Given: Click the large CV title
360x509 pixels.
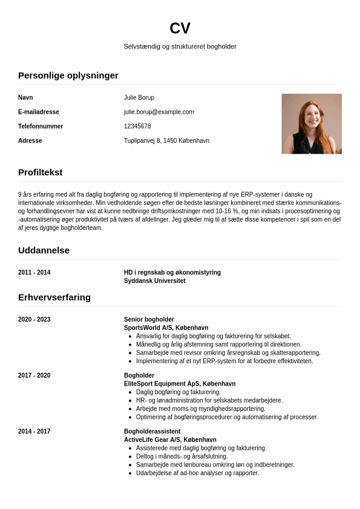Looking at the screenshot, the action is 180,28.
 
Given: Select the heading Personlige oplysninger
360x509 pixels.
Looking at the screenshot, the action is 68,76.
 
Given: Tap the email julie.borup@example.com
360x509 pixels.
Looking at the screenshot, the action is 159,112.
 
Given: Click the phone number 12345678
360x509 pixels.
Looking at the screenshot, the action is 137,126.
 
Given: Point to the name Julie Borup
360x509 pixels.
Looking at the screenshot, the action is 139,97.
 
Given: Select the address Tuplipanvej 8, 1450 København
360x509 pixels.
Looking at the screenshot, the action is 166,141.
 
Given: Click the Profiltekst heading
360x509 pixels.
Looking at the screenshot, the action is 40,172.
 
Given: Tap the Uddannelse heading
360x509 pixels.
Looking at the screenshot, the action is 44,250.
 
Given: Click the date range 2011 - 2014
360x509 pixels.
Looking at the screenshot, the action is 34,272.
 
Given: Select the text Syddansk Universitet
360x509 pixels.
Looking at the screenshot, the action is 154,281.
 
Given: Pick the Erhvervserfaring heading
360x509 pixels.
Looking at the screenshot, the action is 54,297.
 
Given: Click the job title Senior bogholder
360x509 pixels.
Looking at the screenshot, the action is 149,320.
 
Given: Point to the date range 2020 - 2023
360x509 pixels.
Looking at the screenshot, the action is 34,320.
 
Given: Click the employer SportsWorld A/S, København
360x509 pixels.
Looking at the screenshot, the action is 166,327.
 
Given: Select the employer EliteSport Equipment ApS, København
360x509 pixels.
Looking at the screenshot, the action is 180,384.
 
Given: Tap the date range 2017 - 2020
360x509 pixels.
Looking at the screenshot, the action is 34,376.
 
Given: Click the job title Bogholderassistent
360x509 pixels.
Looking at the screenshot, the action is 152,432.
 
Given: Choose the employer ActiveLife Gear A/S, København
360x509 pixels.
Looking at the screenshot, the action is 170,439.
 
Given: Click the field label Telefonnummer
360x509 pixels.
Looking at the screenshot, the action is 41,126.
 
